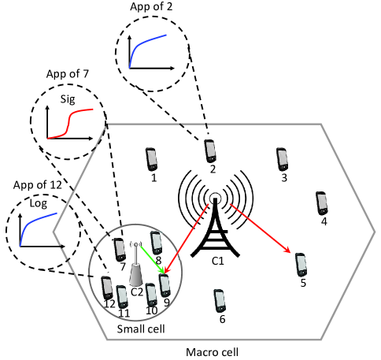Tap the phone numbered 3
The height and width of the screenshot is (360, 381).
(x=281, y=160)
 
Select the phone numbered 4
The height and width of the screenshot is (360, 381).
(x=322, y=202)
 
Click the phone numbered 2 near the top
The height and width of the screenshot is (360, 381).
(x=209, y=151)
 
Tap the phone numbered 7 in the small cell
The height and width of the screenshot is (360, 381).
(x=119, y=250)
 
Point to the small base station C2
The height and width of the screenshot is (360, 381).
(x=136, y=268)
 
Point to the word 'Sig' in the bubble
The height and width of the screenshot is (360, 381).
(x=68, y=99)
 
